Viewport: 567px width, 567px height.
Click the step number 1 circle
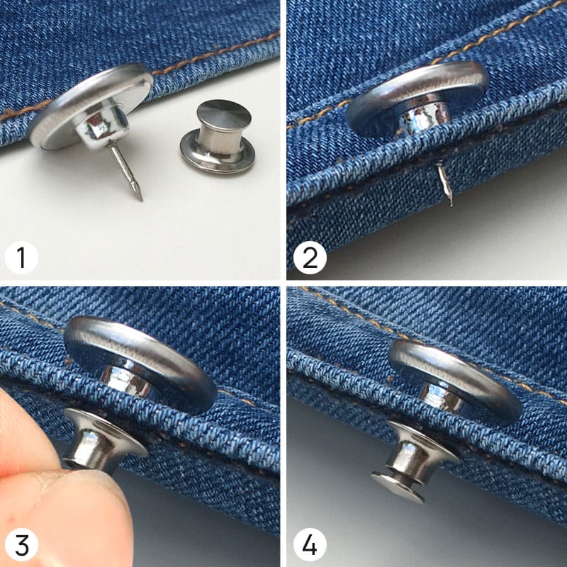[21, 257]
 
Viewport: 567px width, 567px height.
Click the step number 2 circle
[310, 257]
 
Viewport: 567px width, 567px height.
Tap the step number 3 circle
[21, 545]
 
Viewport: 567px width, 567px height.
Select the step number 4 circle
[310, 545]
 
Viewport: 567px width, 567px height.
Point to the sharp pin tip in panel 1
[141, 200]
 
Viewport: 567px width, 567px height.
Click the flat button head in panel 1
[91, 106]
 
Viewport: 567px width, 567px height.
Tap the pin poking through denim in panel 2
[445, 184]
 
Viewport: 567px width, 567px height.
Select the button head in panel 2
[417, 96]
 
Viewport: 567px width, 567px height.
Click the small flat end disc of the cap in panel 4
[398, 488]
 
